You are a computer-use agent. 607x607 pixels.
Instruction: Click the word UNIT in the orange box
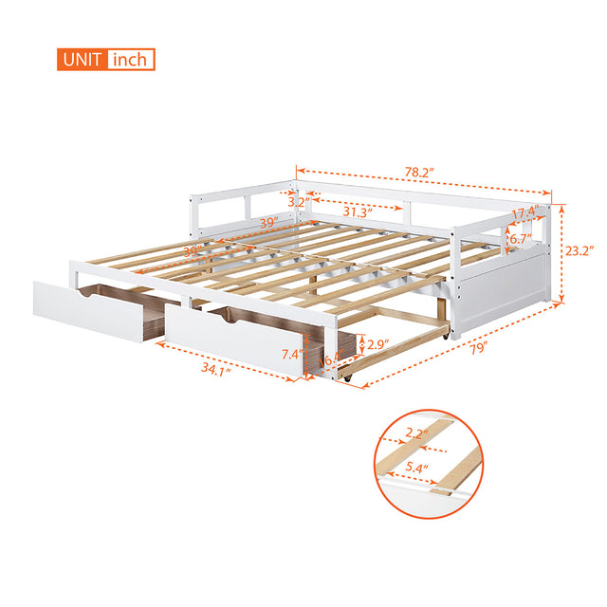84,60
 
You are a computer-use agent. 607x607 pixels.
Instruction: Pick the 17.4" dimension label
524,212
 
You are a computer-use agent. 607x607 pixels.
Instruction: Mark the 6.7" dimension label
519,240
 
